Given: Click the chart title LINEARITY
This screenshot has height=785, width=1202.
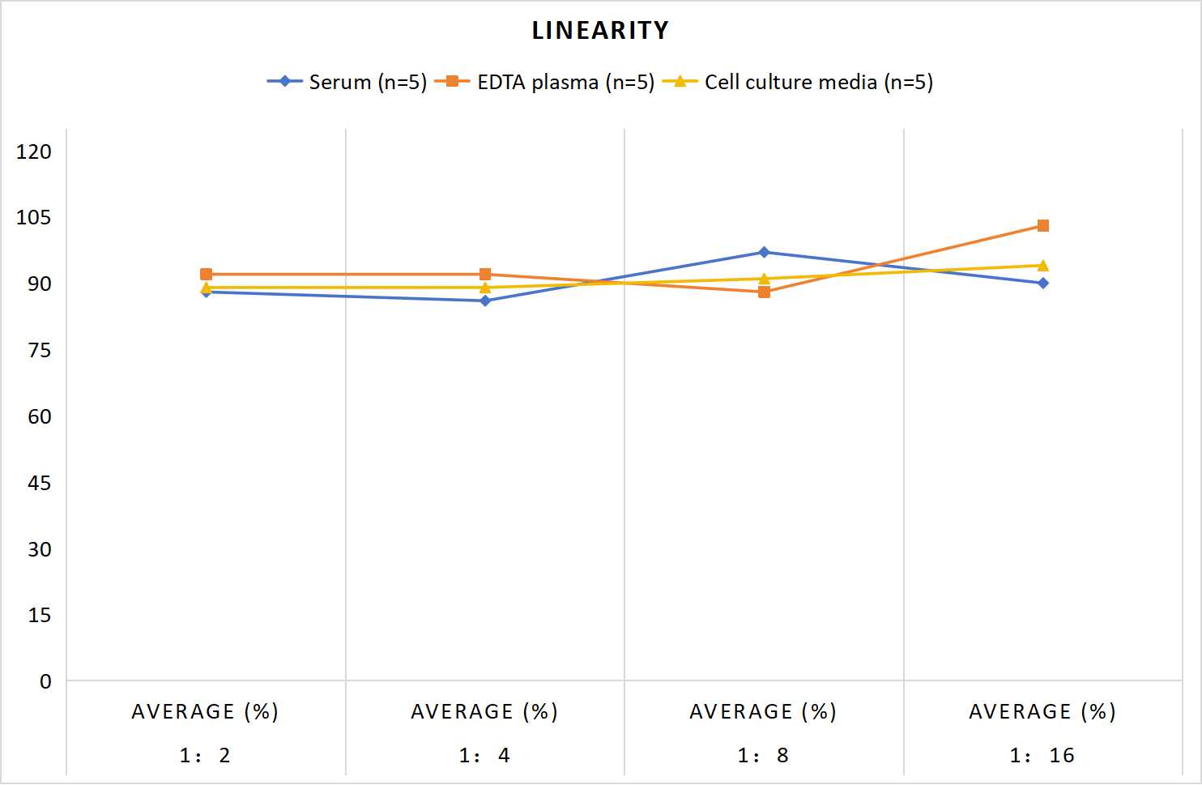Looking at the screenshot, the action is [x=600, y=30].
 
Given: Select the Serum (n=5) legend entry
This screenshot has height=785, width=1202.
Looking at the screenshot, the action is [x=347, y=82].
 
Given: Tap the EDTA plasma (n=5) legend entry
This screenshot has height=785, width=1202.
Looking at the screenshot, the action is [x=544, y=82].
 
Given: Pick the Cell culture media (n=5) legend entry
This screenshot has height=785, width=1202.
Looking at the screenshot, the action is [x=797, y=82].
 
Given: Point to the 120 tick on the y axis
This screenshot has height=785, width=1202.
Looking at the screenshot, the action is [x=34, y=151].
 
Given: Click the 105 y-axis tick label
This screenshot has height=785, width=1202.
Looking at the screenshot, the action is [x=34, y=218].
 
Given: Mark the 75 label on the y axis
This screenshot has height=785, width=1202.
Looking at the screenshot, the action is [x=40, y=351].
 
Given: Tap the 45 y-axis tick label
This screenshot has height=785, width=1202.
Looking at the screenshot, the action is [x=40, y=483].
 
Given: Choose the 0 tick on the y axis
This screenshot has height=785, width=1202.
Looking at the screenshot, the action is [x=45, y=681].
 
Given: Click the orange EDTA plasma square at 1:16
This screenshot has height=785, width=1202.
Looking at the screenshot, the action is [x=1042, y=225].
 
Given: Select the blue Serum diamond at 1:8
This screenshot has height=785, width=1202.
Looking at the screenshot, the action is [x=764, y=252].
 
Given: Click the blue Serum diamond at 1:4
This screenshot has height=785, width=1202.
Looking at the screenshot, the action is [x=485, y=301].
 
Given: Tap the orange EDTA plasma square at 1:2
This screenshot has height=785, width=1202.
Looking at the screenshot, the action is [x=206, y=274].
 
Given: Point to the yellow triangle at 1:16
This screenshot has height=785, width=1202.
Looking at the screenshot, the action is [x=1042, y=266].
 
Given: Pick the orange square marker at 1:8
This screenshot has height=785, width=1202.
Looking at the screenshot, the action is [x=764, y=292].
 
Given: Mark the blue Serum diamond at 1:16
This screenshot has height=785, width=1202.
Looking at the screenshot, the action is [x=1042, y=284].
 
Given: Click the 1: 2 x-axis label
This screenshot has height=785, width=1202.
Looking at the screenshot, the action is [x=205, y=756].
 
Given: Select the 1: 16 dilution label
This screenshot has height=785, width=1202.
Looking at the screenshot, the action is [x=1042, y=756].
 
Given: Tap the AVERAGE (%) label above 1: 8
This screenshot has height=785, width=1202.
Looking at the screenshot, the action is [x=763, y=711].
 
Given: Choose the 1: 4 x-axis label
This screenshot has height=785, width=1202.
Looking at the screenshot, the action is [x=484, y=756].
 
